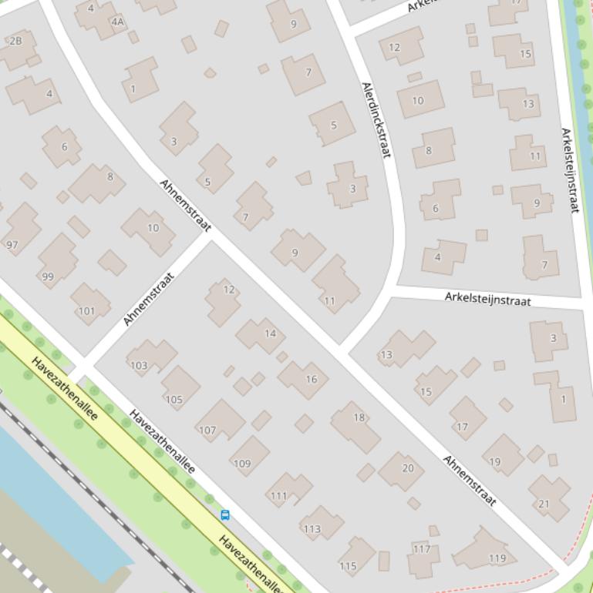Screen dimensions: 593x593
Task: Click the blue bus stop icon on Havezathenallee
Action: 225,515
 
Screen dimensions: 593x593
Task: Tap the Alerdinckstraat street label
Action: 375,120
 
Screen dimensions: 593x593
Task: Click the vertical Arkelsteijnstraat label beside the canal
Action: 570,170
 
